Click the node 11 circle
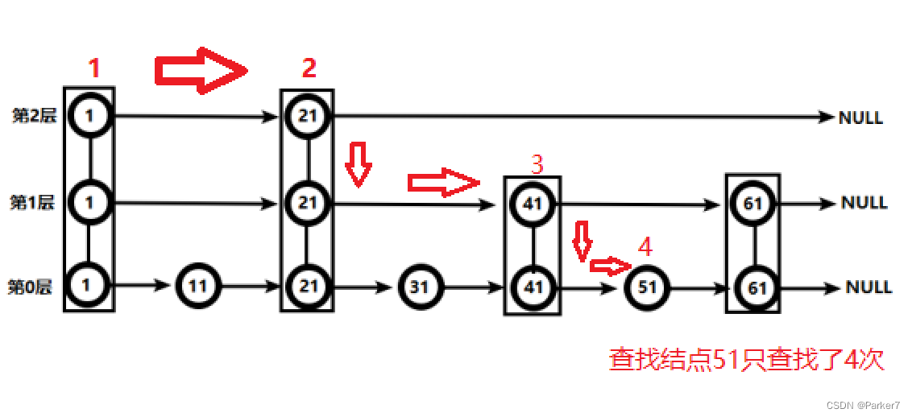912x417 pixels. click(198, 287)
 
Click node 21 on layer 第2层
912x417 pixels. click(309, 116)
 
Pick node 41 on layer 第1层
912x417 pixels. click(533, 204)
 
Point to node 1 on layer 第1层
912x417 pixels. click(89, 203)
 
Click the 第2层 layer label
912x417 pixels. click(35, 116)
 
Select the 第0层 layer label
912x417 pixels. click(31, 287)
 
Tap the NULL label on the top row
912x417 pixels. click(860, 118)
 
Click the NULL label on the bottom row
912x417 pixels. click(868, 287)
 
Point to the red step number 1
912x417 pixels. click(94, 68)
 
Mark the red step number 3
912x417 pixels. click(537, 165)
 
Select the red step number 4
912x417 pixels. click(645, 248)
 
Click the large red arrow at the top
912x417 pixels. click(201, 70)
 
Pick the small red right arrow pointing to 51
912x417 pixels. click(611, 266)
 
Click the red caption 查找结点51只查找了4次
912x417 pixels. click(747, 359)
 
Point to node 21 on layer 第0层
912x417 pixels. click(309, 287)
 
